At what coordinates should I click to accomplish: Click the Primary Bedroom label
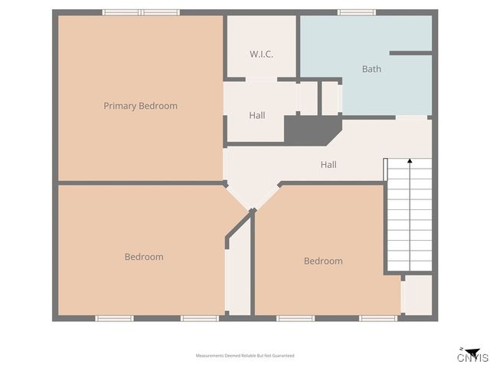140,106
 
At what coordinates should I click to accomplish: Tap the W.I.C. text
261,54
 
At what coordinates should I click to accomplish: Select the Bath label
371,69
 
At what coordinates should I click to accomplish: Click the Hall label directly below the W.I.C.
257,116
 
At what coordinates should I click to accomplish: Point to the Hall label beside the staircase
328,165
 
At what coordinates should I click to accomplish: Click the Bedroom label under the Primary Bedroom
144,257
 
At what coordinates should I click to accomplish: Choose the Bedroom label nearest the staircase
323,261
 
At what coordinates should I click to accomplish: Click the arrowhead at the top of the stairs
410,162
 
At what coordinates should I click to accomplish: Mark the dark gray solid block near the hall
311,130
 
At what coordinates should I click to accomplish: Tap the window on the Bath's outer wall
357,12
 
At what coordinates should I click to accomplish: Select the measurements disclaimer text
245,356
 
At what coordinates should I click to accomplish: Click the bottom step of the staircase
410,266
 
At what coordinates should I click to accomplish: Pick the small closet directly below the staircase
417,295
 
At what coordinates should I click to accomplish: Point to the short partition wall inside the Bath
410,53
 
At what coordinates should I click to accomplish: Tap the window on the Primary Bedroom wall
141,12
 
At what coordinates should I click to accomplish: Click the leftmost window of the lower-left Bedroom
114,318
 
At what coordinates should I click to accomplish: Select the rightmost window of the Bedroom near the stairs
378,318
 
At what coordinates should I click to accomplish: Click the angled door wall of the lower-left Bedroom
240,228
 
